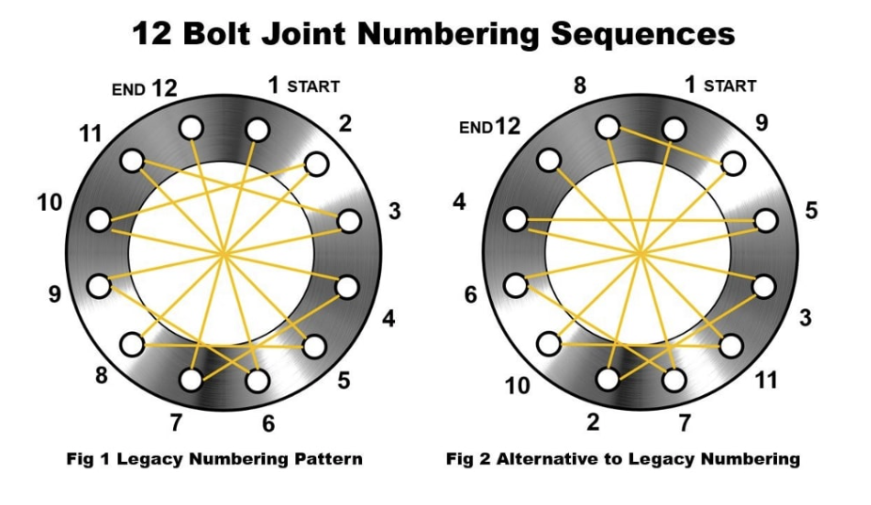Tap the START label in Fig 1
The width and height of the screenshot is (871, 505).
pos(313,87)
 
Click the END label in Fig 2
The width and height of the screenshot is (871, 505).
pos(475,128)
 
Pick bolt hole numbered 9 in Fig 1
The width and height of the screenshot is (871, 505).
pos(98,284)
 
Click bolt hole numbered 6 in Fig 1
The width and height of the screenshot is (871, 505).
pos(257,380)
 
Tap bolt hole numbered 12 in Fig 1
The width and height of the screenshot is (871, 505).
pos(192,127)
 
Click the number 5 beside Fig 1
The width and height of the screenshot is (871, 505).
pos(344,380)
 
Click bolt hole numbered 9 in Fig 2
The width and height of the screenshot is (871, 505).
pos(733,164)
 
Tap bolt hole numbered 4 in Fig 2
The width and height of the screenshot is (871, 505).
pos(515,220)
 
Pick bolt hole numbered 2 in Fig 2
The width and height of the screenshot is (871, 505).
pos(608,379)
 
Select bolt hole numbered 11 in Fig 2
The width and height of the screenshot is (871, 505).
pos(733,345)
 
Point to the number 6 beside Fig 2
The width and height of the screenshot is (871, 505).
pos(470,294)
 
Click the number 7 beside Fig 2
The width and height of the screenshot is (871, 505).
pos(683,420)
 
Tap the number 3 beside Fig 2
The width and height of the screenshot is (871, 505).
pos(804,318)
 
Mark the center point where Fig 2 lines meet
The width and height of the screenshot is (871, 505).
pos(640,253)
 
